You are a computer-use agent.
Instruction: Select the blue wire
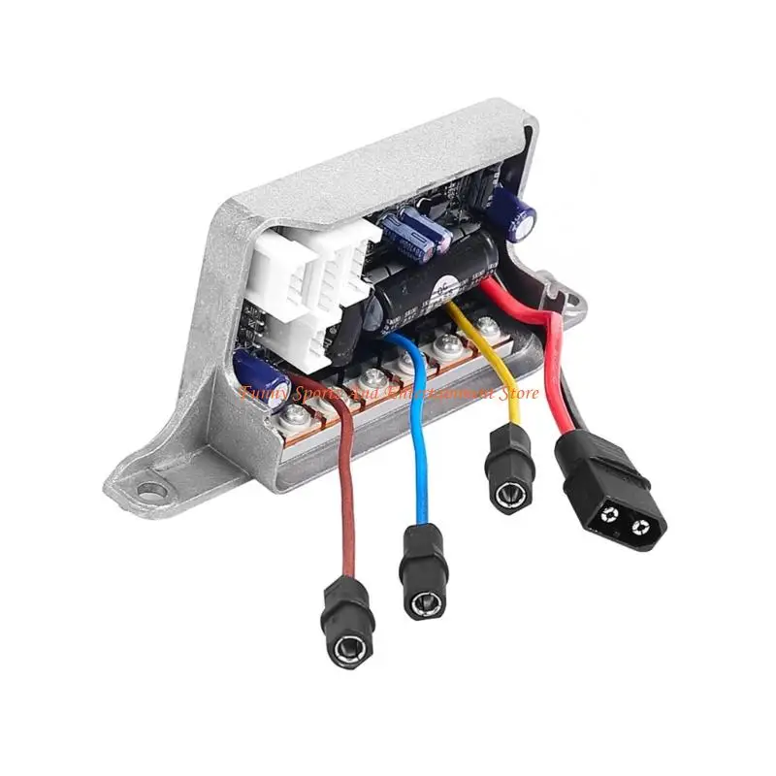coord(419,456)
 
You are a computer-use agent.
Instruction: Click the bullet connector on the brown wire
coord(348,621)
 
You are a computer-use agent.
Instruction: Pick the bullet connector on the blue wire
coord(424,572)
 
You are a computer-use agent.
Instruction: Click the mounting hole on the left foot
coord(149,490)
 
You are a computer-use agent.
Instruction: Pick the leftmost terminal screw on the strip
coord(293,417)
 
